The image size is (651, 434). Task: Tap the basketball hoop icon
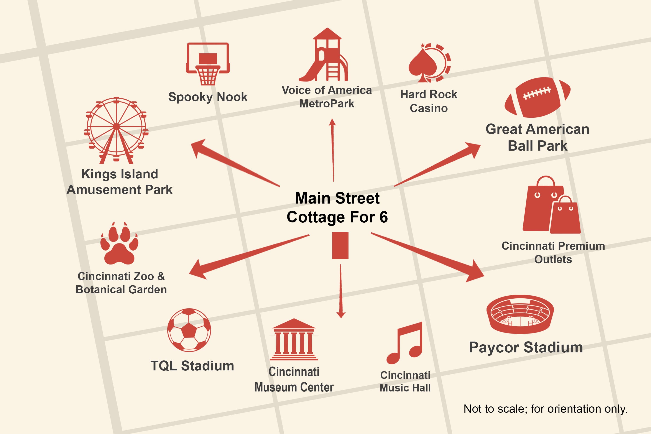(208, 64)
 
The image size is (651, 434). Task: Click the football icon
(537, 97)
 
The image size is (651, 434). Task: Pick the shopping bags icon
(551, 205)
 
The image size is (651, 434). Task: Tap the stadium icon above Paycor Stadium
(520, 314)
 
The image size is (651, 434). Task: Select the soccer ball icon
(189, 330)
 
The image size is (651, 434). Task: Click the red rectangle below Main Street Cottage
(340, 245)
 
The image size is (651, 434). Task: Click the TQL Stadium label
(192, 366)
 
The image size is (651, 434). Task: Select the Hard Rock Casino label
(429, 101)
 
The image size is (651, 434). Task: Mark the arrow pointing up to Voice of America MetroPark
(333, 150)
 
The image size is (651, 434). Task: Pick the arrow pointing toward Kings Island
(235, 163)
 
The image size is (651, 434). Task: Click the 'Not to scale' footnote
(545, 409)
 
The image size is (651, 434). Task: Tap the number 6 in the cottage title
(384, 217)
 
